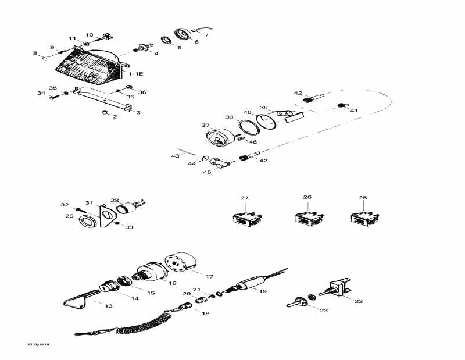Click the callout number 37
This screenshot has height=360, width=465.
click(x=205, y=125)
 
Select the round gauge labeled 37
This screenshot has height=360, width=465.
click(x=217, y=140)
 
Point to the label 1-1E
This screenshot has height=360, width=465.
click(x=135, y=74)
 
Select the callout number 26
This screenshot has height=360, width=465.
click(x=307, y=197)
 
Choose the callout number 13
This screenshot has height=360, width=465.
click(x=109, y=304)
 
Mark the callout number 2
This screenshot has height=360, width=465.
click(x=115, y=117)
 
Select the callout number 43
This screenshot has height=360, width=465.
click(x=175, y=156)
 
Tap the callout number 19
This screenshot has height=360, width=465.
click(x=262, y=291)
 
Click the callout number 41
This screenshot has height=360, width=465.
click(x=354, y=109)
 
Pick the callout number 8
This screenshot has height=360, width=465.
click(x=35, y=54)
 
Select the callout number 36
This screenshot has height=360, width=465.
click(x=142, y=92)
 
